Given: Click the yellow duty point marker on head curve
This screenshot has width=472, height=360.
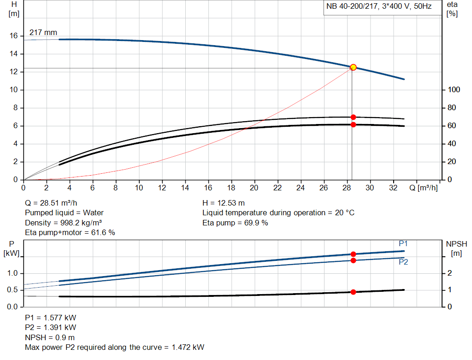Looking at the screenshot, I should [353, 67].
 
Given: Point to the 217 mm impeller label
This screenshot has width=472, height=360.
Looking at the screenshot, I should [43, 33].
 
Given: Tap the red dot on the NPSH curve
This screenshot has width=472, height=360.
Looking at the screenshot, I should [353, 292].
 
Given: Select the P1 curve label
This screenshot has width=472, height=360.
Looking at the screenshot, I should [403, 243].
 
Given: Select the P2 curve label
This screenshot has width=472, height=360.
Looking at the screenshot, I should [403, 262].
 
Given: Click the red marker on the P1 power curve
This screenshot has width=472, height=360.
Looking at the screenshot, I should [353, 254].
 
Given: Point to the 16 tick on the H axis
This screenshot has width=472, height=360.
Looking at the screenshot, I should [13, 36].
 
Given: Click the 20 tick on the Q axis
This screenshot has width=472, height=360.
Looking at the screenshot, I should [254, 188].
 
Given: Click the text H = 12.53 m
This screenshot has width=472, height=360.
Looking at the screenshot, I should [224, 203].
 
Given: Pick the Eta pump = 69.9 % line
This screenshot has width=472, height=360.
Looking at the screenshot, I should [235, 223].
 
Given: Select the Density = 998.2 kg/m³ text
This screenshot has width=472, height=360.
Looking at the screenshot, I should [63, 223].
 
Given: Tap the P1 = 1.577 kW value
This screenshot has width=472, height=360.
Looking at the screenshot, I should [50, 318].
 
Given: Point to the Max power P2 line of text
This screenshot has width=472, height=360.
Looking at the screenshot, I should [114, 347].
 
